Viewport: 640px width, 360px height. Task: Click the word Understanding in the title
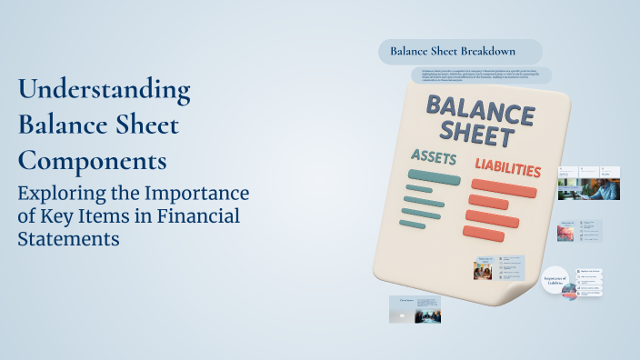[105, 91]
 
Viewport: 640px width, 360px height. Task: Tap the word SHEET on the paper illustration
[479, 137]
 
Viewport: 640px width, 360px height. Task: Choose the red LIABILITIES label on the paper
[507, 168]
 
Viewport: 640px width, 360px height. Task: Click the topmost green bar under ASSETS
[434, 176]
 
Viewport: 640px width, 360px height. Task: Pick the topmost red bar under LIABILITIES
[503, 189]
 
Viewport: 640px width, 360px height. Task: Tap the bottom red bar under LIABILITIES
[483, 234]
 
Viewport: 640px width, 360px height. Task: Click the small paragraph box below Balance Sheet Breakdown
[480, 75]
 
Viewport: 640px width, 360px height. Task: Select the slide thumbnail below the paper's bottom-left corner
[415, 309]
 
